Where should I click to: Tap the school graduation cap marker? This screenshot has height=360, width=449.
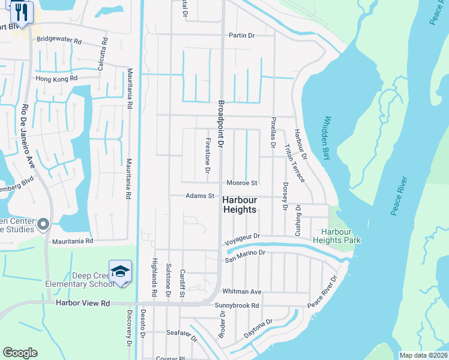pos(120,271)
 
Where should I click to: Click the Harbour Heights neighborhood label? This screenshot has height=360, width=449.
pos(240,205)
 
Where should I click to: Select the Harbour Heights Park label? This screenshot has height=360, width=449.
pos(340,236)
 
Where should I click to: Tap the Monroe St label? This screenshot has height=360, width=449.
pos(242,183)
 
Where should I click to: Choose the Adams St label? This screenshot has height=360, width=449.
pos(200,196)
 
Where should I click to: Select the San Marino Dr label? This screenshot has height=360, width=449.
pos(244,256)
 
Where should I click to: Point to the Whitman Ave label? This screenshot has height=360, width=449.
pos(242,292)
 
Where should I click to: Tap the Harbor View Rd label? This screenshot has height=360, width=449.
pos(83,304)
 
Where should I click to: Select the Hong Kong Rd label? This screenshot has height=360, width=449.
pos(57,79)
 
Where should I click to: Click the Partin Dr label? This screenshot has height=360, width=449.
pos(242,35)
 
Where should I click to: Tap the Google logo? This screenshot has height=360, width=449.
pos(20,353)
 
